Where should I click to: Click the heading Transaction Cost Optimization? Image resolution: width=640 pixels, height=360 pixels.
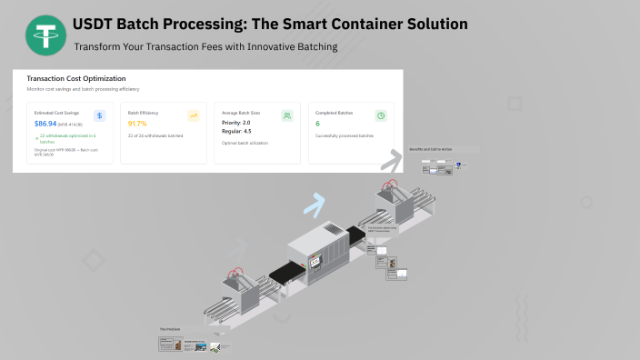coord(76,79)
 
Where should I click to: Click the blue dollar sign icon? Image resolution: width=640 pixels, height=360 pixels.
coord(99,115)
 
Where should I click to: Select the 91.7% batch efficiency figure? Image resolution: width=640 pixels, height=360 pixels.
coord(137,123)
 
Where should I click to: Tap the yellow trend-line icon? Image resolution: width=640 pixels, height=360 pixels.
coord(193,115)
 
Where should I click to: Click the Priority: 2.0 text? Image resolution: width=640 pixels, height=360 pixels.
coord(236,122)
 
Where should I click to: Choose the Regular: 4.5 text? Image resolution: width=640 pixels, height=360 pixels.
coord(236,132)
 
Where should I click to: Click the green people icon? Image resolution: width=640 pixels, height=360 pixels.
coord(286,115)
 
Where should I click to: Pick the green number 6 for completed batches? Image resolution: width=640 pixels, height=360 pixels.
coord(317,123)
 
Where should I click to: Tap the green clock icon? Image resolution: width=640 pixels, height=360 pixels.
coord(381,115)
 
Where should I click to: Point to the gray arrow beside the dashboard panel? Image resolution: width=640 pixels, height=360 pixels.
coord(391,161)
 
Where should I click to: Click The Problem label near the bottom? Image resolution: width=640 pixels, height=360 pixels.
coord(171,329)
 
